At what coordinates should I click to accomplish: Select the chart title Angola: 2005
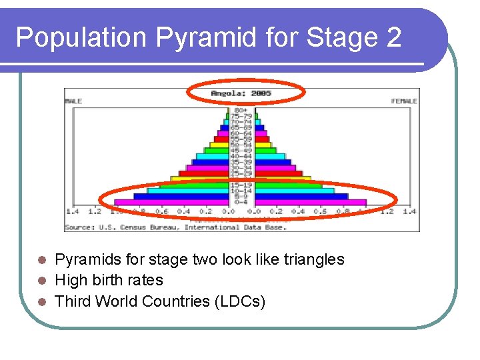point(241,93)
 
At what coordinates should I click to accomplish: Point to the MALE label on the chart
point(73,101)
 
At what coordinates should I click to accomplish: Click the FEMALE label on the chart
point(404,101)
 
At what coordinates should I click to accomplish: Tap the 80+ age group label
point(241,110)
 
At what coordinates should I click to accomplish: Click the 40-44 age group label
point(241,155)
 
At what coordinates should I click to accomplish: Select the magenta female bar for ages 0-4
point(310,202)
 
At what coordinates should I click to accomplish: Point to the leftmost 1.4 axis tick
point(72,211)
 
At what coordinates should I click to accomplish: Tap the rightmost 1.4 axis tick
point(408,211)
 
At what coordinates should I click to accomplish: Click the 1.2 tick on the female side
point(386,211)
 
